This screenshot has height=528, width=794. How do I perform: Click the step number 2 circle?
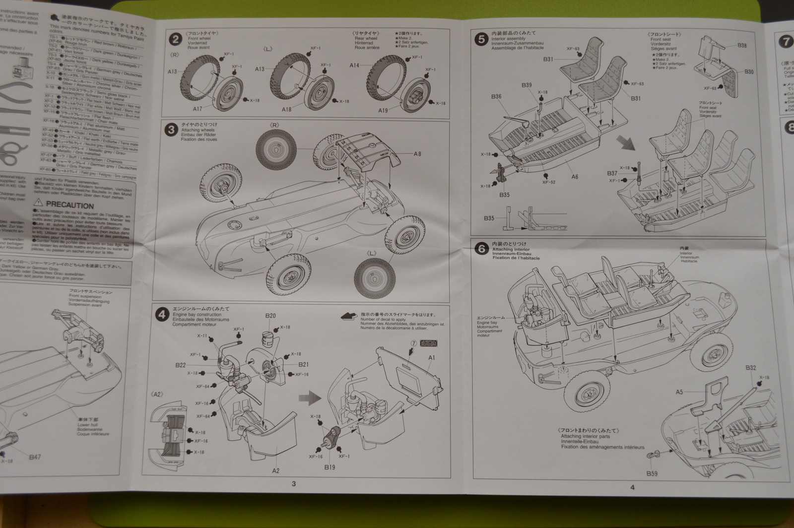pyautogui.click(x=174, y=39)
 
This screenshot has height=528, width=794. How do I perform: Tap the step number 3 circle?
pyautogui.click(x=171, y=130)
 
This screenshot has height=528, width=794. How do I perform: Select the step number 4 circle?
pyautogui.click(x=161, y=314)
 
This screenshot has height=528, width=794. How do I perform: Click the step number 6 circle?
pyautogui.click(x=481, y=249)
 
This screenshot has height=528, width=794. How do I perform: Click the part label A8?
pyautogui.click(x=417, y=154)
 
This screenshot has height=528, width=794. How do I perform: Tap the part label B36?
pyautogui.click(x=496, y=97)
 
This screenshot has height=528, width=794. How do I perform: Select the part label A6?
pyautogui.click(x=575, y=177)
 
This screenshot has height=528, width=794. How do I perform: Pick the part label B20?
pyautogui.click(x=270, y=316)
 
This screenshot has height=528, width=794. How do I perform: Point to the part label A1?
pyautogui.click(x=431, y=357)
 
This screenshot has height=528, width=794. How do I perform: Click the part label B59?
pyautogui.click(x=652, y=474)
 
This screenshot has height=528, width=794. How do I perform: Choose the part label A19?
pyautogui.click(x=383, y=111)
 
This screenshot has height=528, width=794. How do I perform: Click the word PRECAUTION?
pyautogui.click(x=70, y=205)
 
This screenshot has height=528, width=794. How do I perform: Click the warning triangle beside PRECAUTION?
pyautogui.click(x=38, y=204)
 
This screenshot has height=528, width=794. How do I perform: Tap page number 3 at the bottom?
pyautogui.click(x=293, y=484)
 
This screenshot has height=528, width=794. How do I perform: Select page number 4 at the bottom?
pyautogui.click(x=632, y=487)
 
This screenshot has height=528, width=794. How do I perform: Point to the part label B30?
pyautogui.click(x=749, y=72)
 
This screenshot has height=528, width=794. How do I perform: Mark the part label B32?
pyautogui.click(x=750, y=368)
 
